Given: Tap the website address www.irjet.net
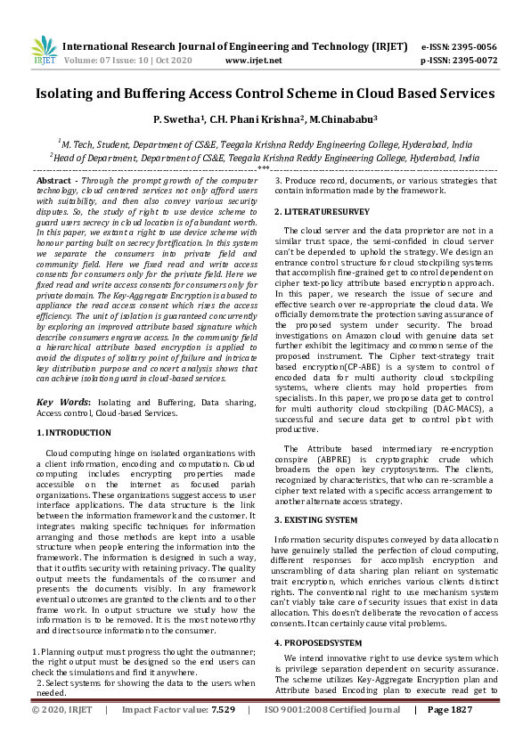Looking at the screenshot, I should pos(254,61).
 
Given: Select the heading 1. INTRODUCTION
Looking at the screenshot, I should pos(74,432).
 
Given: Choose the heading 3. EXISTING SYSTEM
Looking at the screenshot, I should pos(315,518).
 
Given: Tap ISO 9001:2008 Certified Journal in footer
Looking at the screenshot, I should pos(331,735).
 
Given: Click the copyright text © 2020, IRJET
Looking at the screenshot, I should pos(62,735).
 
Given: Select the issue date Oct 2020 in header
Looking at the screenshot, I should pos(174,61).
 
